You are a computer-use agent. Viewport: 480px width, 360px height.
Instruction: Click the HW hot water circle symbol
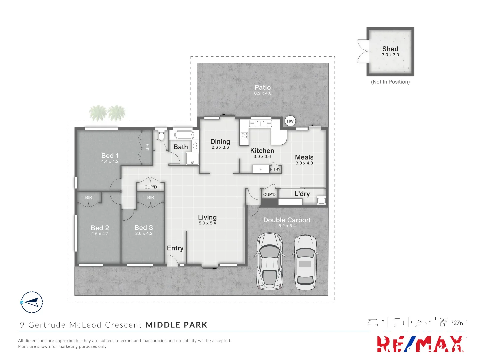pyautogui.click(x=290, y=121)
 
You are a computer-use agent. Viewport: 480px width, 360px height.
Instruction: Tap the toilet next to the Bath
pyautogui.click(x=161, y=136)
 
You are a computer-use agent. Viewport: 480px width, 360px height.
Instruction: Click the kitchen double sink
pyautogui.click(x=261, y=123)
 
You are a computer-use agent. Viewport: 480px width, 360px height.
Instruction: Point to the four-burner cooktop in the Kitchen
pyautogui.click(x=244, y=135)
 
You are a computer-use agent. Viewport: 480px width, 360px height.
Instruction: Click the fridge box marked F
pyautogui.click(x=261, y=169)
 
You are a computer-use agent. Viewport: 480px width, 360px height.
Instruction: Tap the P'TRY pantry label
pyautogui.click(x=275, y=169)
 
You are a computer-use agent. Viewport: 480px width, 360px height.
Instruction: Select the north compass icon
pyautogui.click(x=32, y=302)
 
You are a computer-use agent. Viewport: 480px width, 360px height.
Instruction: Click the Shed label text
pyautogui.click(x=390, y=49)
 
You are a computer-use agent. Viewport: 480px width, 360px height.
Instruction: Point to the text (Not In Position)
pyautogui.click(x=390, y=82)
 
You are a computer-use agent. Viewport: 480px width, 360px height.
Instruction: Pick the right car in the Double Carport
pyautogui.click(x=305, y=262)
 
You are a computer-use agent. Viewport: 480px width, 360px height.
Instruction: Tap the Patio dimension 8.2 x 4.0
pyautogui.click(x=263, y=93)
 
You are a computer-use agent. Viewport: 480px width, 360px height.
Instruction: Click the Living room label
pyautogui.click(x=207, y=217)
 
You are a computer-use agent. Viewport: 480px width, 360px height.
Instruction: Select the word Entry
pyautogui.click(x=175, y=248)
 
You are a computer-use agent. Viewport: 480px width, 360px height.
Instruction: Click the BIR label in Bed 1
pyautogui.click(x=147, y=147)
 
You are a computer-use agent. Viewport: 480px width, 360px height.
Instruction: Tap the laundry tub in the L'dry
pyautogui.click(x=321, y=200)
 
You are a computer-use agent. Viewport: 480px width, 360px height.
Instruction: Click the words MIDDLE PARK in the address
pyautogui.click(x=177, y=325)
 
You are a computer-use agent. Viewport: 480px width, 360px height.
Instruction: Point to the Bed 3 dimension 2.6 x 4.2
pyautogui.click(x=144, y=234)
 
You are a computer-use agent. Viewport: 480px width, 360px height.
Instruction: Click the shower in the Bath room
pyautogui.click(x=192, y=159)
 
